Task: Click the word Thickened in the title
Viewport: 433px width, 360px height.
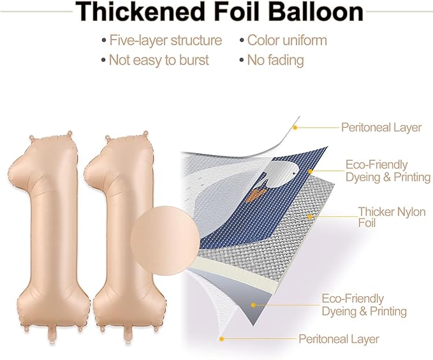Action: [x=140, y=11]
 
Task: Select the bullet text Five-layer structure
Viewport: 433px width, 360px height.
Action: [x=166, y=40]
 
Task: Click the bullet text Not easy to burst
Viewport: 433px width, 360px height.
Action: [x=159, y=60]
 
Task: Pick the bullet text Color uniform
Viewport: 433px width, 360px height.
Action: [x=287, y=40]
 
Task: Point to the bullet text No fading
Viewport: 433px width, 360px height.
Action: [x=275, y=60]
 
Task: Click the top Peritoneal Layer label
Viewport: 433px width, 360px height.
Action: [x=381, y=128]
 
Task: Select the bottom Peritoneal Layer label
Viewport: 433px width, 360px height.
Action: [x=339, y=339]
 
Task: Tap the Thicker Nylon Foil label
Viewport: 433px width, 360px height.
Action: [x=392, y=217]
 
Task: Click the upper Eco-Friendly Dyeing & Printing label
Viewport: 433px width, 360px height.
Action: [x=388, y=171]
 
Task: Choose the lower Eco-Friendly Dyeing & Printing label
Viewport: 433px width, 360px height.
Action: [x=364, y=305]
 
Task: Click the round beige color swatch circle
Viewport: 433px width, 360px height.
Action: [x=165, y=241]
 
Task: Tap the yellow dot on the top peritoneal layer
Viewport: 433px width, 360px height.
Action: [x=295, y=128]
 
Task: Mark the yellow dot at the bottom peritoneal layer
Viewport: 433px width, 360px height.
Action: [x=221, y=339]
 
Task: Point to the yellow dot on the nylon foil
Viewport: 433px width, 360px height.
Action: [x=310, y=217]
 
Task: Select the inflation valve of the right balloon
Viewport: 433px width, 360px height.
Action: [x=128, y=335]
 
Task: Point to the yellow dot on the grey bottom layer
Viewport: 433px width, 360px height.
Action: [x=253, y=305]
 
